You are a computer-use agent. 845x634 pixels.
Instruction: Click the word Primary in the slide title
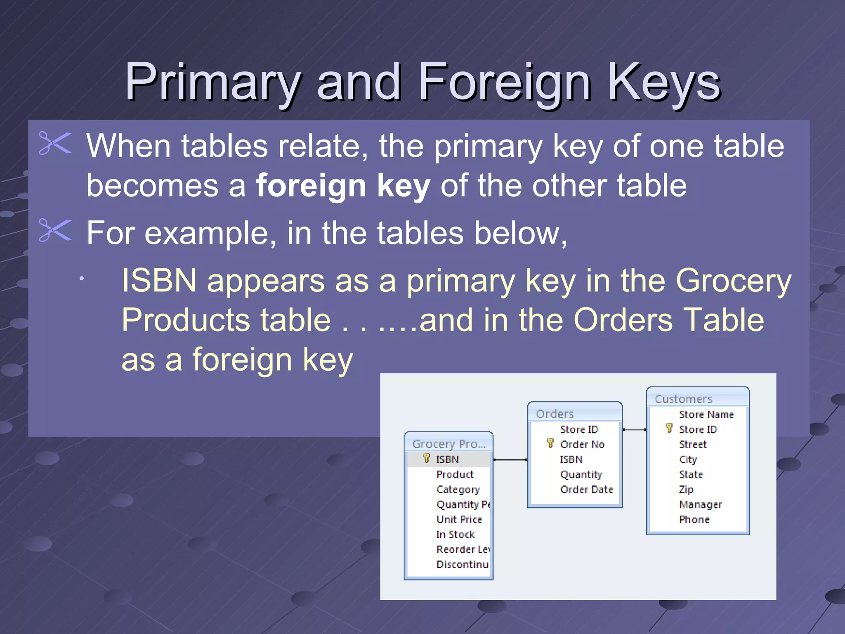(x=212, y=82)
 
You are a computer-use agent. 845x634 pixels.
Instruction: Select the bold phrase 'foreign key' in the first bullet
(x=343, y=186)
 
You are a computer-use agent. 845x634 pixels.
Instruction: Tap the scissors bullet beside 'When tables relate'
(x=55, y=143)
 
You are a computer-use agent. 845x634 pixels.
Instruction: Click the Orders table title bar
(x=574, y=413)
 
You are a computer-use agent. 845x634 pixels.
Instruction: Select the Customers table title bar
(x=697, y=398)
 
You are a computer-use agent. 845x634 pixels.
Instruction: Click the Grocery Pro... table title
(x=448, y=444)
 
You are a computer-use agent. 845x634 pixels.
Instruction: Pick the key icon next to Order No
(x=550, y=443)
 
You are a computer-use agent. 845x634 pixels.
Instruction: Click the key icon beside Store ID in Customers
(x=669, y=428)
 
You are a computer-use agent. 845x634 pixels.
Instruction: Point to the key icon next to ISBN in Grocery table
(x=427, y=458)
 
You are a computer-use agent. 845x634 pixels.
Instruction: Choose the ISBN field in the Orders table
(x=571, y=459)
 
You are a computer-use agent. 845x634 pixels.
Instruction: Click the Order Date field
(x=586, y=490)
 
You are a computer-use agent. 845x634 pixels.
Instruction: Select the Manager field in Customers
(x=700, y=504)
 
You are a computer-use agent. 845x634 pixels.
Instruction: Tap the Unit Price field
(x=459, y=519)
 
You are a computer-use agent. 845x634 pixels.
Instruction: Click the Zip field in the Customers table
(x=686, y=490)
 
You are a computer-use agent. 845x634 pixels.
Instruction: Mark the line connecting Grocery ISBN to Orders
(x=510, y=459)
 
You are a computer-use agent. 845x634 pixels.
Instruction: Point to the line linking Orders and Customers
(x=635, y=430)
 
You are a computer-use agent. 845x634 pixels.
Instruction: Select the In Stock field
(x=455, y=535)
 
